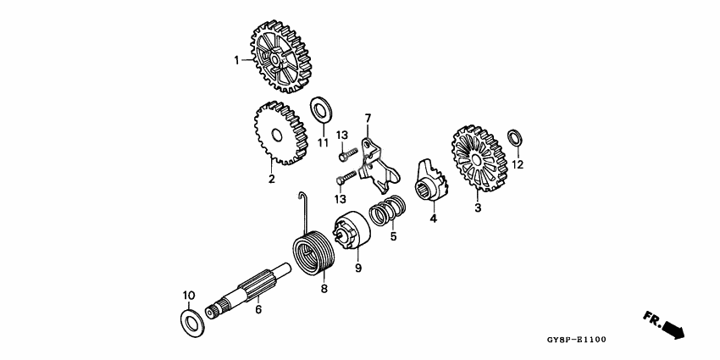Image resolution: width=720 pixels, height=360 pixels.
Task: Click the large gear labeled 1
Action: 280,58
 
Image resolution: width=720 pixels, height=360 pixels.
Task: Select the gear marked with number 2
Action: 280,134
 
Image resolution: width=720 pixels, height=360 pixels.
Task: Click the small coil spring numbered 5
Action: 388,212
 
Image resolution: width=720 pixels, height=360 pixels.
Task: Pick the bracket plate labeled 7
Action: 374,163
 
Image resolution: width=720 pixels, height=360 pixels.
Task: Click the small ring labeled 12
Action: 514,138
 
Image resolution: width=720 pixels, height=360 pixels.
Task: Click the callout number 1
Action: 237,59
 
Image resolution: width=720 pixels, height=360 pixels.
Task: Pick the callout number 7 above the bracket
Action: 368,117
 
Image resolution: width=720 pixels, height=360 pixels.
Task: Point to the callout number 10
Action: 189,295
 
